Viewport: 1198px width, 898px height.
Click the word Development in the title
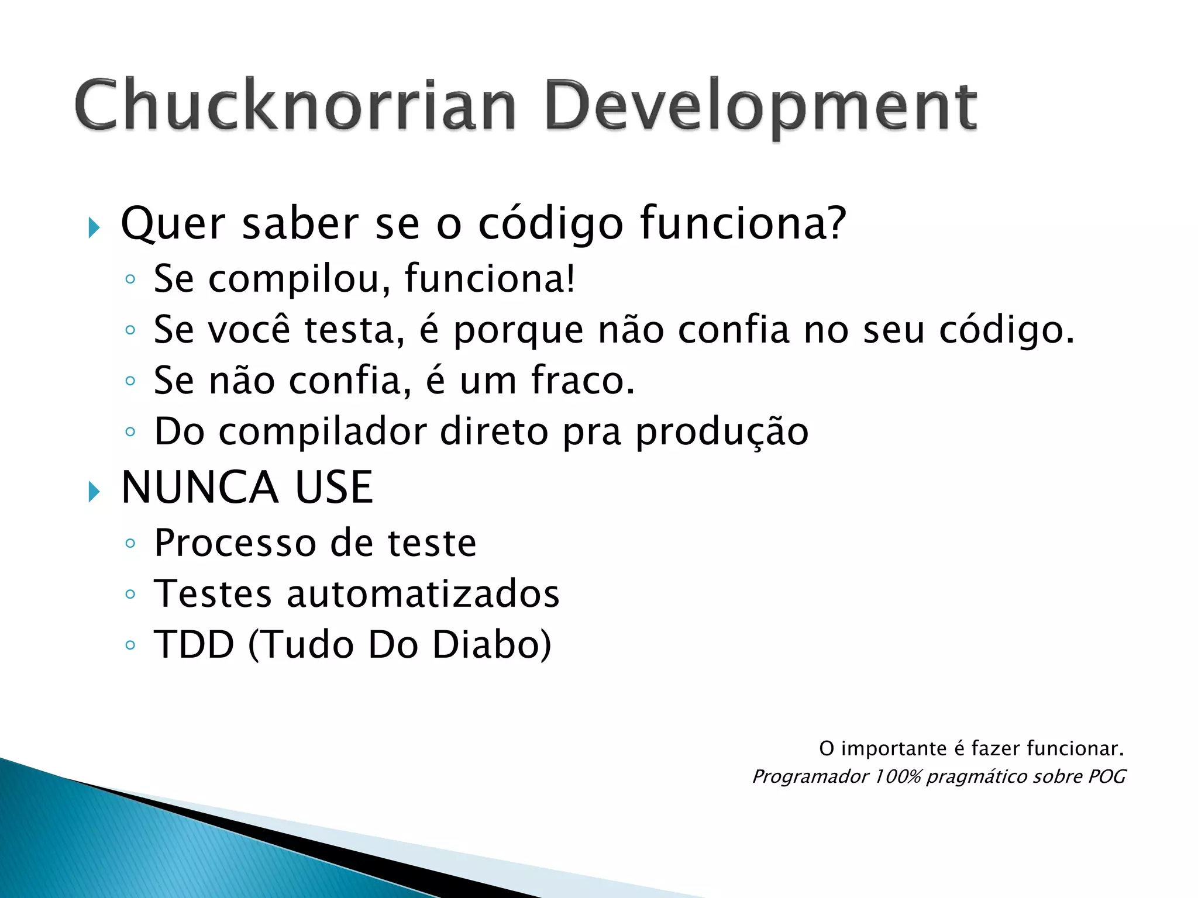click(x=760, y=108)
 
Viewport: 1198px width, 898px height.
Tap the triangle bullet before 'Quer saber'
click(x=94, y=227)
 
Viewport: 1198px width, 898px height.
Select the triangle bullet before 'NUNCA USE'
click(x=94, y=492)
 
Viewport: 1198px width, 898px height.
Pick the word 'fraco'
click(x=583, y=381)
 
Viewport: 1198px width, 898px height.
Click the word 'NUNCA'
click(x=199, y=488)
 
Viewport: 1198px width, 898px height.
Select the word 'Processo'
click(x=234, y=543)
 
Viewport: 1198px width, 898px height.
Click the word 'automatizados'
click(x=423, y=594)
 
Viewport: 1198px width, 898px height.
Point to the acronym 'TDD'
click(x=194, y=645)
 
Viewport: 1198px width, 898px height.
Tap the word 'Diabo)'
click(x=492, y=645)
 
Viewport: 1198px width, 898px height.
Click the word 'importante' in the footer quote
click(x=894, y=749)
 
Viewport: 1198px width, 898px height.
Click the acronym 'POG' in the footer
click(x=1107, y=777)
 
